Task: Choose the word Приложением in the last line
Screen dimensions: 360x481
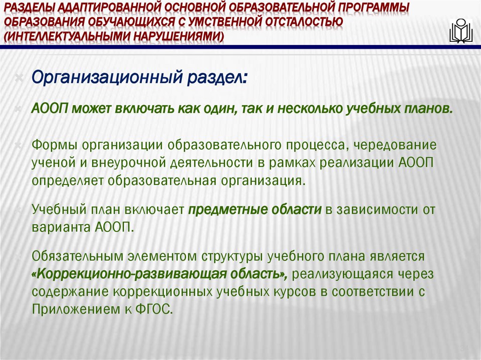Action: [73, 308]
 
